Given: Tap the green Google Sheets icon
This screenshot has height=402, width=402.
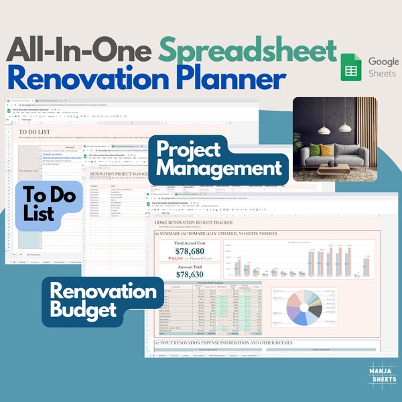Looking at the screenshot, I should click(350, 66).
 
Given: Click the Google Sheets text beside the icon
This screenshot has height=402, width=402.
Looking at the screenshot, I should click(383, 67).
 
